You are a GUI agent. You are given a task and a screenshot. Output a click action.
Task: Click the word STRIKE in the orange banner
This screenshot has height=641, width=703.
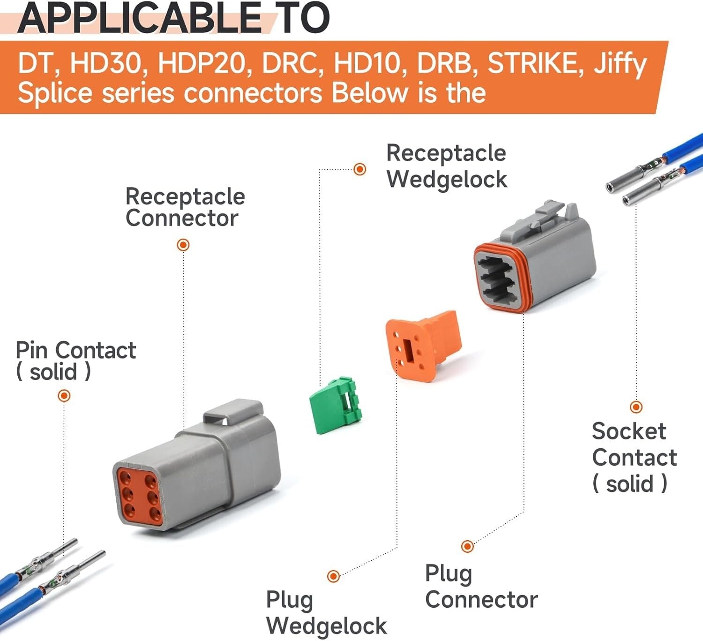[535, 64]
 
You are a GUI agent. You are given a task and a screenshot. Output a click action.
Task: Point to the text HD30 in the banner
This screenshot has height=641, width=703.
[105, 64]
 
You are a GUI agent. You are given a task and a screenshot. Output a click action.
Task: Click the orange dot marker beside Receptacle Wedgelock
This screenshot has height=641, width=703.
[359, 169]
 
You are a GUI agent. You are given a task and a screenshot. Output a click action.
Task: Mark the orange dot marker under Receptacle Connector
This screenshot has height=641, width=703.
[183, 245]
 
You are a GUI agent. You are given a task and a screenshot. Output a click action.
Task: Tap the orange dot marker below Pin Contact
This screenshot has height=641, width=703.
[64, 396]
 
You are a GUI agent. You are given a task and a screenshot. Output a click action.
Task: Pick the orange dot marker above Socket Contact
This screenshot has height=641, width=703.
[636, 407]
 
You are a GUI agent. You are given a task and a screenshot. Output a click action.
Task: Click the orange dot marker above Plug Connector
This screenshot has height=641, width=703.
[467, 546]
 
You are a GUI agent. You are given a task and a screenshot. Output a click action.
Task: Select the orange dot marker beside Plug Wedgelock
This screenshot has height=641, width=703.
[333, 576]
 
